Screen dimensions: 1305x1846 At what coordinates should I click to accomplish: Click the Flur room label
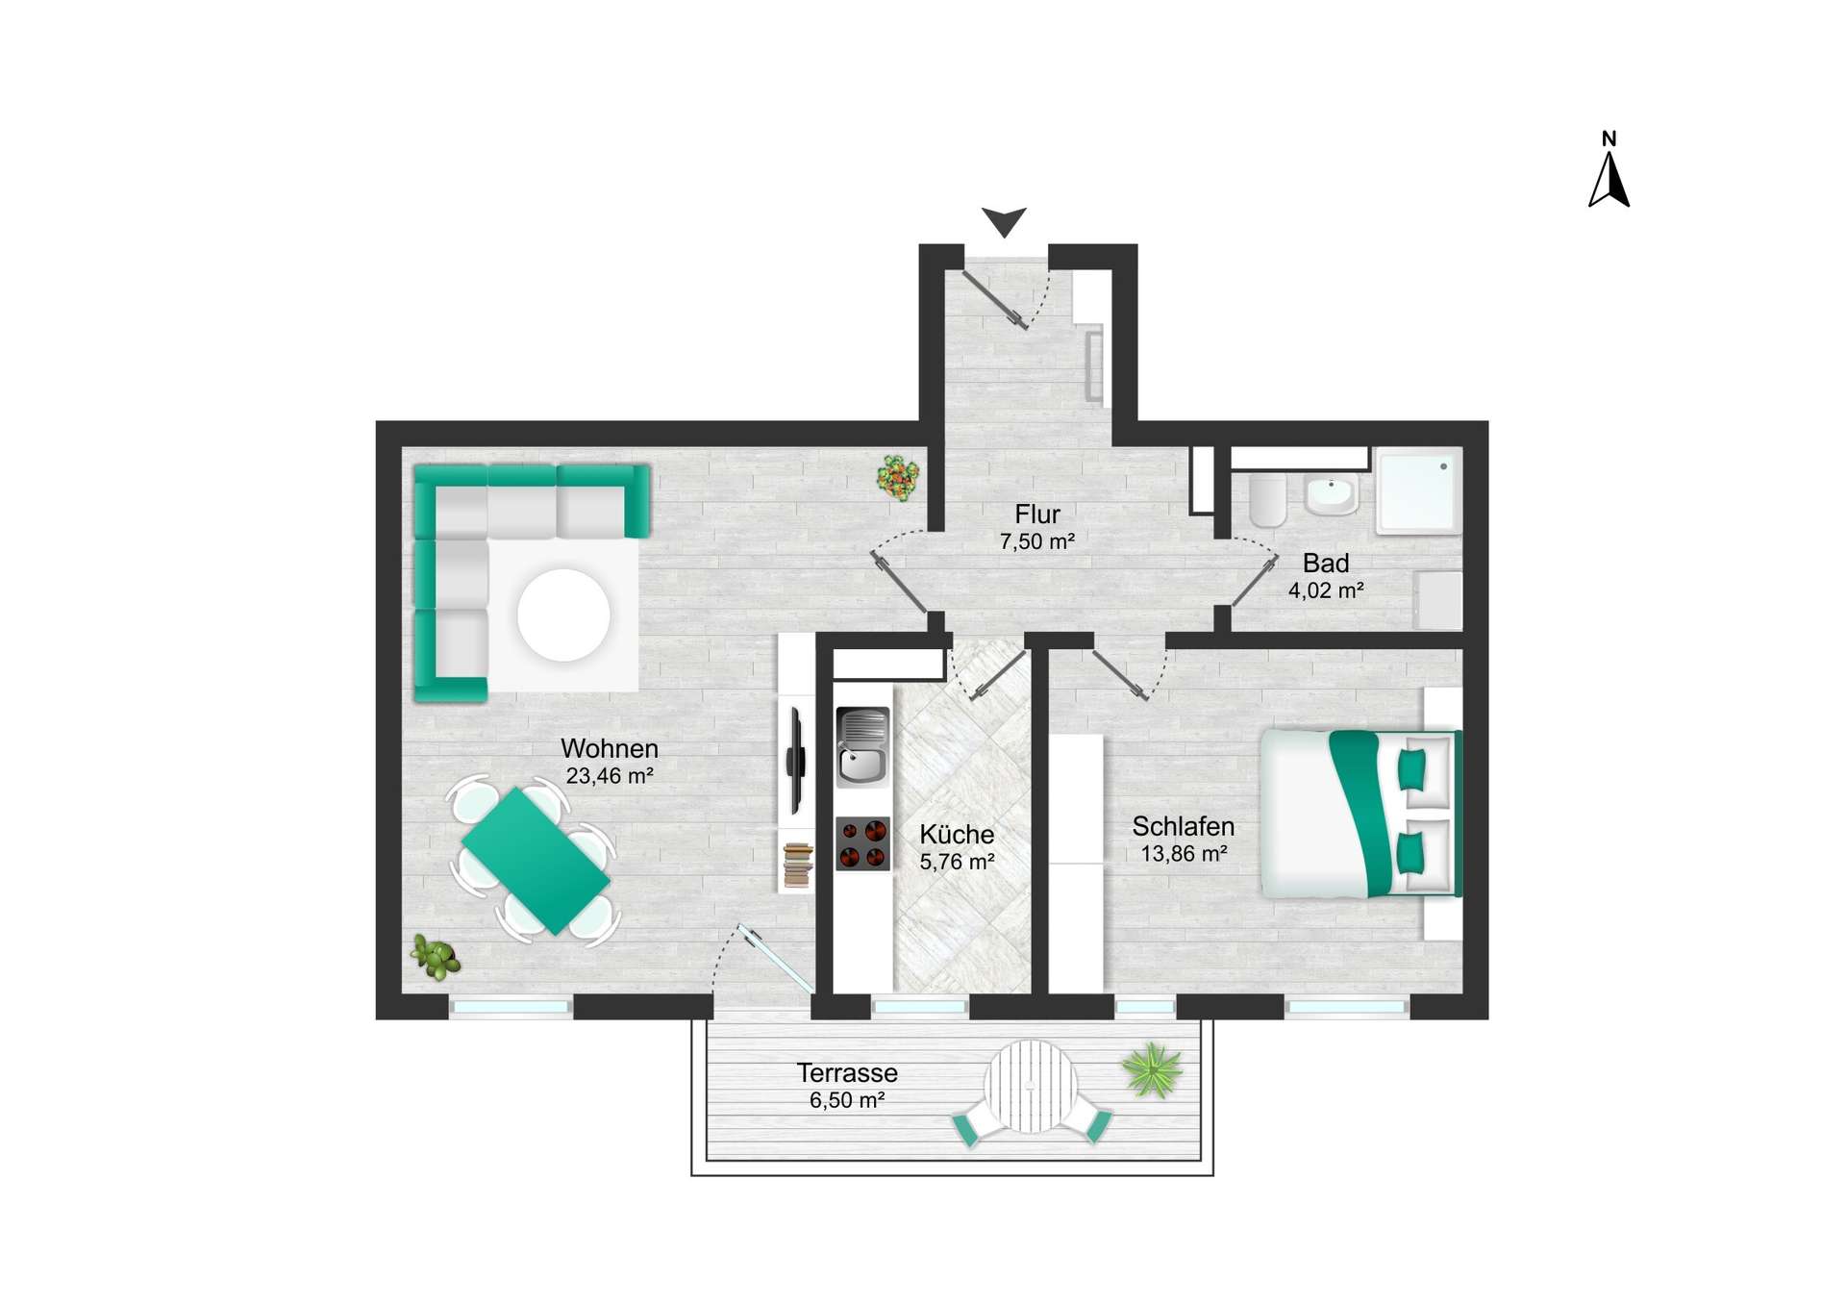click(1036, 514)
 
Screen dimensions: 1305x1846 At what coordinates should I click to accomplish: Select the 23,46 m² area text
click(610, 776)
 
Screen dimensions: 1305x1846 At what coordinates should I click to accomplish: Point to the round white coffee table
click(563, 615)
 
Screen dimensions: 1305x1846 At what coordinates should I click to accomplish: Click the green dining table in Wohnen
click(535, 860)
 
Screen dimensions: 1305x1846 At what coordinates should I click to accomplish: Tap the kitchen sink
click(862, 748)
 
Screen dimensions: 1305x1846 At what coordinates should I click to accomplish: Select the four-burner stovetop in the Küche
click(862, 843)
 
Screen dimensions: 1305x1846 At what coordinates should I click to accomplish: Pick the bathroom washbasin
click(1331, 495)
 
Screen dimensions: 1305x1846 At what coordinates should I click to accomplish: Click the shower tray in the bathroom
click(1418, 489)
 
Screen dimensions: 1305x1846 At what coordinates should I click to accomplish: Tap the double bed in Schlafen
click(1359, 814)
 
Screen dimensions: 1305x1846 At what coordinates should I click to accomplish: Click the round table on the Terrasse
click(1030, 1087)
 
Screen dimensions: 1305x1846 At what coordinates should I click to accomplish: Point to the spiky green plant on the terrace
click(1152, 1070)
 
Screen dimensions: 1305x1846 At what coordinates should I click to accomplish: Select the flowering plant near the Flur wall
click(898, 477)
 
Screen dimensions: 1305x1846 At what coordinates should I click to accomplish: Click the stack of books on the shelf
click(797, 864)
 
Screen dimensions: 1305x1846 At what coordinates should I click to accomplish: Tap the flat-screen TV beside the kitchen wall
click(796, 760)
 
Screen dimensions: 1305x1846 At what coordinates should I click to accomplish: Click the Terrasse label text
click(846, 1073)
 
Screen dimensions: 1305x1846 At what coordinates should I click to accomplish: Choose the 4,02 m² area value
click(1325, 590)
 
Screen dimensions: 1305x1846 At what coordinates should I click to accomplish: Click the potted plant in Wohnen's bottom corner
click(436, 957)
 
